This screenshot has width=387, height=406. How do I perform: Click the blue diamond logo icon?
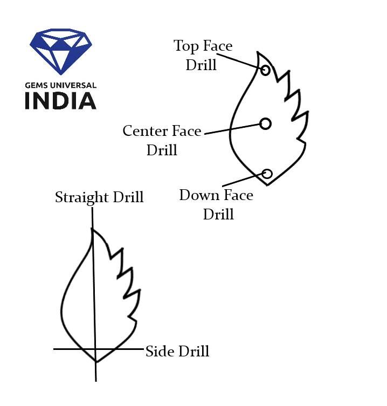point(60,51)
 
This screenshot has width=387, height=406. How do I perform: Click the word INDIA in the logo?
point(60,101)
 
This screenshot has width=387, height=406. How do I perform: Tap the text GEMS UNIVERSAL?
point(60,85)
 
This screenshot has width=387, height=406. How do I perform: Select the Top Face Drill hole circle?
point(265,70)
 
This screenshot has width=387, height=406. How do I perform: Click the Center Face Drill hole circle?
point(265,123)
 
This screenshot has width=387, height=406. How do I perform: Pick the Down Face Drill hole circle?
point(267,173)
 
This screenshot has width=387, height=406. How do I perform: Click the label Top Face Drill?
point(202,55)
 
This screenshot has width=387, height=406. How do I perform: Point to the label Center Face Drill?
point(162,140)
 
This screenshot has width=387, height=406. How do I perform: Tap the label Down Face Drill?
point(217,204)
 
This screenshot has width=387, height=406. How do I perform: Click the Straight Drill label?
point(99,197)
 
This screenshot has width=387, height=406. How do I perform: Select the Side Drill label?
point(177,352)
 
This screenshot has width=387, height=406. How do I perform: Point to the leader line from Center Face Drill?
point(232,128)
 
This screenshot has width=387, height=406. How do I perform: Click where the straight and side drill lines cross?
point(95,349)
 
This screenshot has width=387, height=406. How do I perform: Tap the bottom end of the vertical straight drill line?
point(96,380)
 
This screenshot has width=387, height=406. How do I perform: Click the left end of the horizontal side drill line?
point(54,349)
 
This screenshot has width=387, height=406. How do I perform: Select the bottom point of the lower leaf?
point(95,362)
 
